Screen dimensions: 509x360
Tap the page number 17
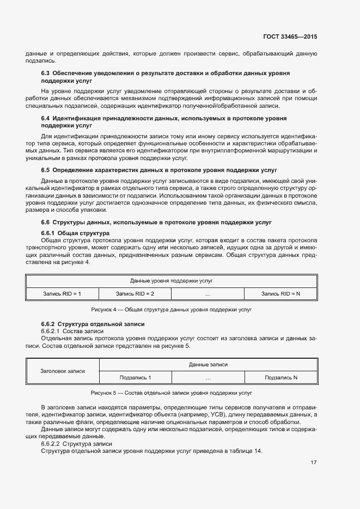314,463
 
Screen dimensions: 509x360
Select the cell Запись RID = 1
62,294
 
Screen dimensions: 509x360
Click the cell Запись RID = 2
135,294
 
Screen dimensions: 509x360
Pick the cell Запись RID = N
280,294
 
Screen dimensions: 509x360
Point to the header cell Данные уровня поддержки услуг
171,281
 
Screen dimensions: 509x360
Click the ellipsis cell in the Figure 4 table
208,294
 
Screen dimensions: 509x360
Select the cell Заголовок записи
63,371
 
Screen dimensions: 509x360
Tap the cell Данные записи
208,365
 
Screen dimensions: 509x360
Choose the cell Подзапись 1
135,378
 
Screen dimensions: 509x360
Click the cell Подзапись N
280,378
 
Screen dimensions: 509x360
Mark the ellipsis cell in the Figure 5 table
208,378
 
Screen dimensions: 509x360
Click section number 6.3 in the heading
46,72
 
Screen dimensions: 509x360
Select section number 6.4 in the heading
46,118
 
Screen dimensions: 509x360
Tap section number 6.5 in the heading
46,170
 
